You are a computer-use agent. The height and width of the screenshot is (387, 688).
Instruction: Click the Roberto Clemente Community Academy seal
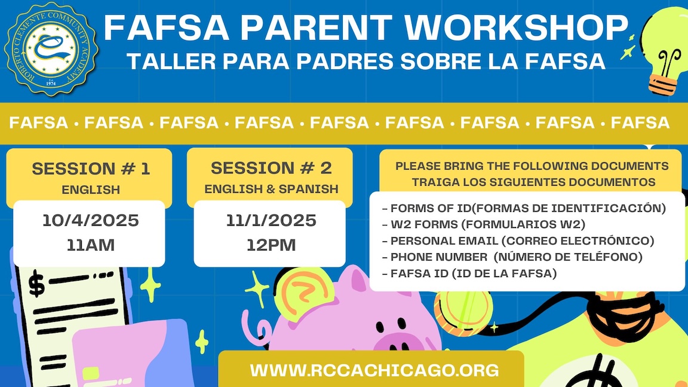point(50,49)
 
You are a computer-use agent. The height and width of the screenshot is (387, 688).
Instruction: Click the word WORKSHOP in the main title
point(516,27)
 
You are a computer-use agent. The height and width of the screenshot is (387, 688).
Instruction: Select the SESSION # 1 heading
point(91,169)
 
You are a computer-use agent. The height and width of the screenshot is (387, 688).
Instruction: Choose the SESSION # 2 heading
point(271,168)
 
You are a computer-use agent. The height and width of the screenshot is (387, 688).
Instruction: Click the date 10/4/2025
point(90,220)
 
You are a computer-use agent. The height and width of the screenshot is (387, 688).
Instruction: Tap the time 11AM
point(90,245)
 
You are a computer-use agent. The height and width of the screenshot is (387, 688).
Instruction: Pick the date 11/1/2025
point(271,220)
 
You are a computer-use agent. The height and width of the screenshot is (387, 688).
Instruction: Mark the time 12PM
point(271,245)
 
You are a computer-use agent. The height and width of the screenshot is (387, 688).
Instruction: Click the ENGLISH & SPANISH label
point(271,189)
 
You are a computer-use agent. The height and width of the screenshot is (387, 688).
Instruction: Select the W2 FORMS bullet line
point(484,224)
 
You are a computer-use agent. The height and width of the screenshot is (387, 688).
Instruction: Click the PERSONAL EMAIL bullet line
point(518,241)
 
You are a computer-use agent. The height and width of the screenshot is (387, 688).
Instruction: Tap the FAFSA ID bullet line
point(469,274)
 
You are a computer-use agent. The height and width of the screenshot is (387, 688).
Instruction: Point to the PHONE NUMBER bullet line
point(512,257)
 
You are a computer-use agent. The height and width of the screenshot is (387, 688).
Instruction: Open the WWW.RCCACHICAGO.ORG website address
point(374,370)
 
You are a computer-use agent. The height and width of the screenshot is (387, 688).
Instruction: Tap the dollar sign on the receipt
point(36,284)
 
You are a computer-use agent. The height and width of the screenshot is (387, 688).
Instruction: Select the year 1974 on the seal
point(51,84)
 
